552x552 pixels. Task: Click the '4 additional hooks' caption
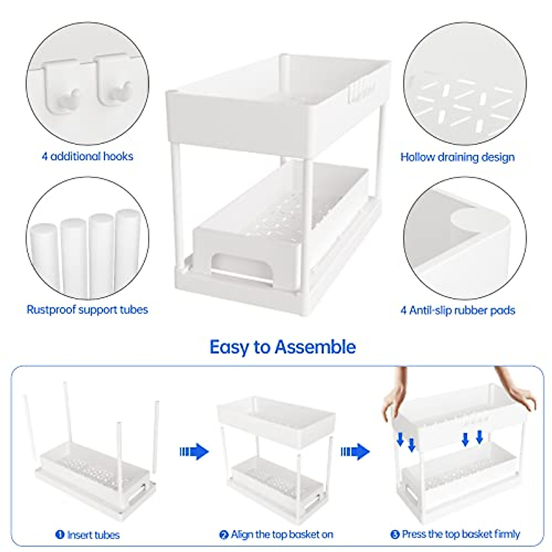pyautogui.click(x=87, y=156)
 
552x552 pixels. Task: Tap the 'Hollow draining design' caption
pyautogui.click(x=457, y=157)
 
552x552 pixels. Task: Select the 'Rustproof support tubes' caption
pyautogui.click(x=87, y=310)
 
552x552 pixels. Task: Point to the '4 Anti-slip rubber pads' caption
pyautogui.click(x=457, y=310)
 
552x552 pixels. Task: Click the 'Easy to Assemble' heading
pyautogui.click(x=282, y=347)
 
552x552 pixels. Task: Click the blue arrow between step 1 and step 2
pyautogui.click(x=194, y=452)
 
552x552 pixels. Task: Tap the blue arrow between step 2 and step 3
pyautogui.click(x=355, y=452)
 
